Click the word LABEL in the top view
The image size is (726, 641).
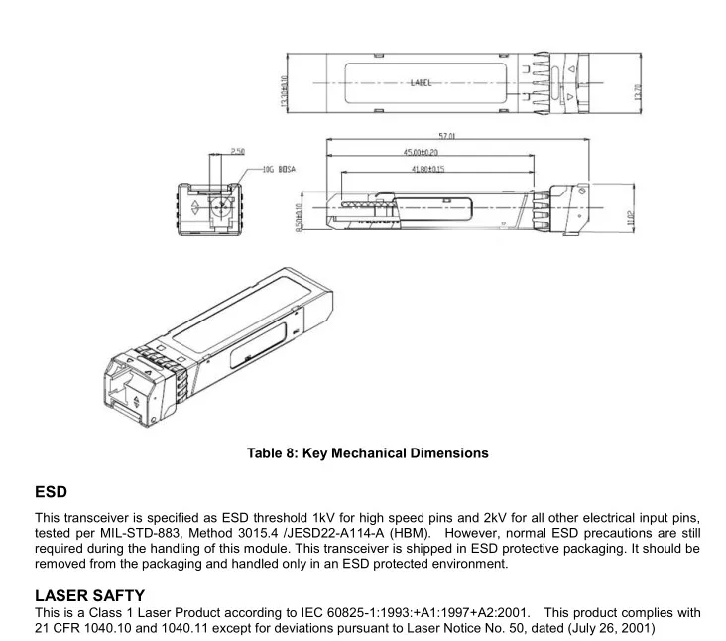click(422, 84)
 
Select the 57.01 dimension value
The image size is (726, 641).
click(446, 138)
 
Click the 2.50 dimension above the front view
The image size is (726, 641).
click(238, 151)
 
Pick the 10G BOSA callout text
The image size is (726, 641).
click(276, 170)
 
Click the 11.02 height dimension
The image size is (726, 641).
click(632, 217)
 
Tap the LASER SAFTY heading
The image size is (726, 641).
click(90, 595)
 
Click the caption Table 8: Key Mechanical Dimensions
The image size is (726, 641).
click(367, 453)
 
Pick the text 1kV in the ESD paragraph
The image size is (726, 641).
click(324, 519)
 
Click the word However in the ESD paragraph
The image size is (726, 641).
click(475, 534)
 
